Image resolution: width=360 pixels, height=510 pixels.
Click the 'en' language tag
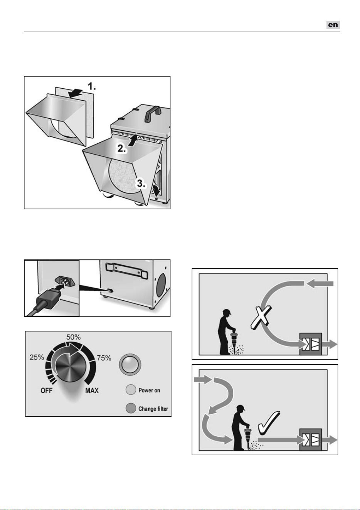pyautogui.click(x=333, y=25)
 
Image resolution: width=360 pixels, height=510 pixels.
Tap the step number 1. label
pyautogui.click(x=92, y=86)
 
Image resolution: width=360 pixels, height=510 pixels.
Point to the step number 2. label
pyautogui.click(x=122, y=149)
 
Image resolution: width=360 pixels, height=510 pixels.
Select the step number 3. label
pyautogui.click(x=141, y=183)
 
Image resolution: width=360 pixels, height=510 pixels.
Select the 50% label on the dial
pyautogui.click(x=73, y=337)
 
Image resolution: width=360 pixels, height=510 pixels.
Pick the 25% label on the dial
pyautogui.click(x=37, y=357)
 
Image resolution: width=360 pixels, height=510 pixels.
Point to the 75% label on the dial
pyautogui.click(x=104, y=358)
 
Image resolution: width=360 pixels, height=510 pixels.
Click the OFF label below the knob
pyautogui.click(x=47, y=391)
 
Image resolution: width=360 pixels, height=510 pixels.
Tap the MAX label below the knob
pyautogui.click(x=92, y=391)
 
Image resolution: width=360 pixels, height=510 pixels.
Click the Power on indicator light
pyautogui.click(x=131, y=390)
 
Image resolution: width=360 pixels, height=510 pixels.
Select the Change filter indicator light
pyautogui.click(x=131, y=408)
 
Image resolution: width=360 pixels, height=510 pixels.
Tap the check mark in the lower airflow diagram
pyautogui.click(x=269, y=421)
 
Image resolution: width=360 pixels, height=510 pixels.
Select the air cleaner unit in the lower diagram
pyautogui.click(x=311, y=439)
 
